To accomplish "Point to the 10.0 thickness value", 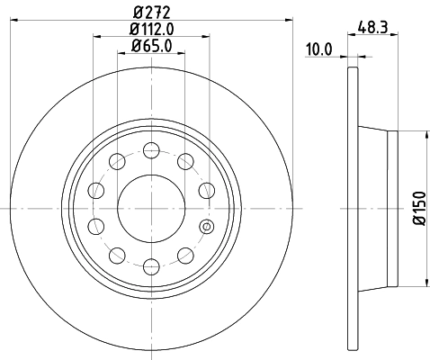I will coord(318,51).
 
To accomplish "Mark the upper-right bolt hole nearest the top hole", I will coord(185,162).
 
